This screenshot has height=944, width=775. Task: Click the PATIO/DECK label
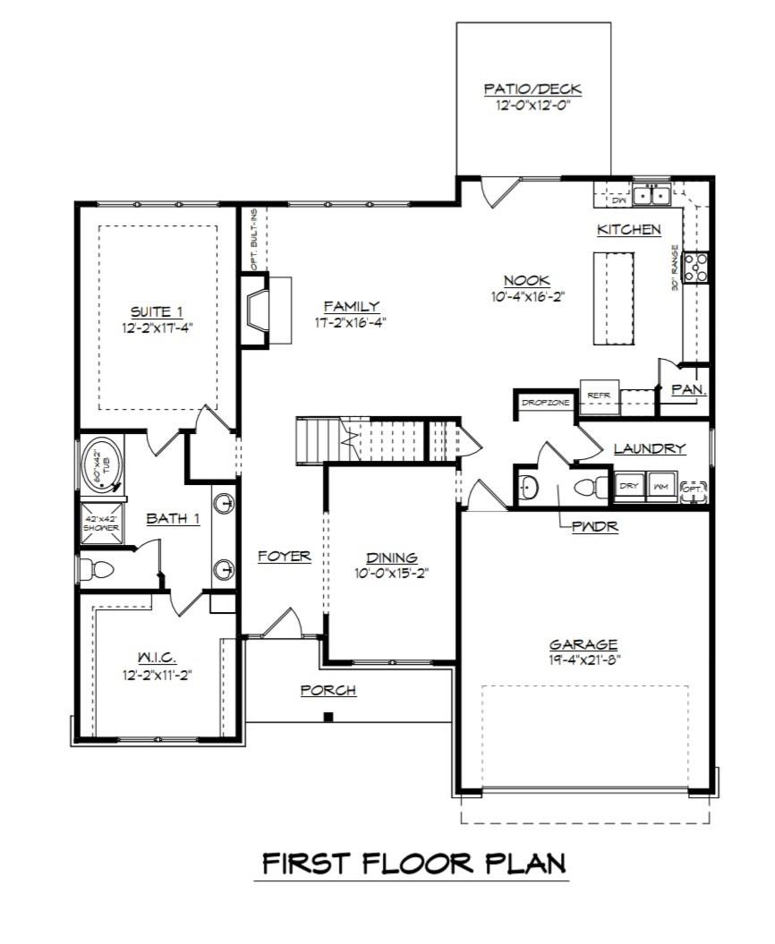[x=532, y=89]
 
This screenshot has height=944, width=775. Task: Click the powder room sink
[x=528, y=489]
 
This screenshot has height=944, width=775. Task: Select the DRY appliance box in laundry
[x=630, y=486]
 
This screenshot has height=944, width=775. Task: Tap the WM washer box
[x=660, y=486]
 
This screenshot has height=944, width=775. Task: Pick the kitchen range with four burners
[x=696, y=267]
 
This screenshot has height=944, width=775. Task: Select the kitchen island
[x=611, y=297]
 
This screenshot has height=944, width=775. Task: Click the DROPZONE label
[x=546, y=404]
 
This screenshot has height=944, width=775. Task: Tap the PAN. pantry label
[x=690, y=390]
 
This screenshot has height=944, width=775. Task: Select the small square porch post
[x=329, y=716]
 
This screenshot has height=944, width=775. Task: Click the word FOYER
[x=284, y=556]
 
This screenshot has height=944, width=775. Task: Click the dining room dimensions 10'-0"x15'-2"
[x=393, y=574]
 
